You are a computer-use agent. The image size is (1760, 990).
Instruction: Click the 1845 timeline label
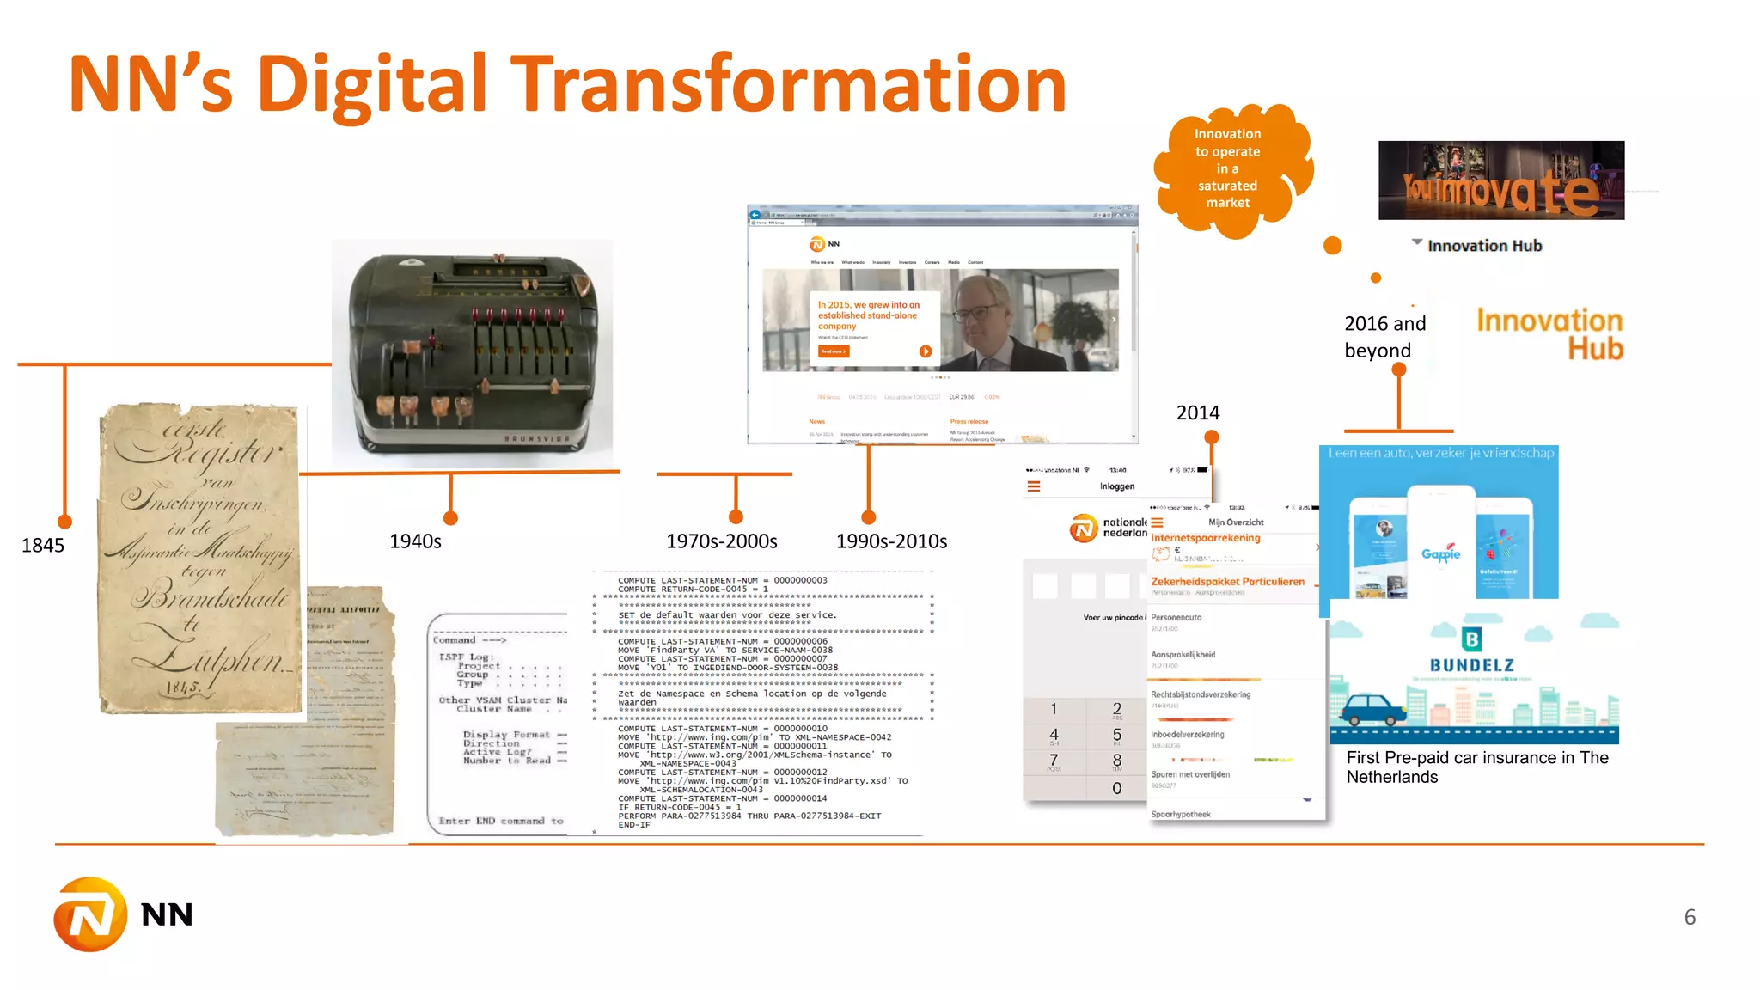[43, 546]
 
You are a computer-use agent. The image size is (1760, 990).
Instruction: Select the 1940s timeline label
[415, 541]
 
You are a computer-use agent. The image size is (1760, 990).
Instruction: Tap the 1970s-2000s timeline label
[721, 541]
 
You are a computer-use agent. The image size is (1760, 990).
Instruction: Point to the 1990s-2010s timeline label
[891, 541]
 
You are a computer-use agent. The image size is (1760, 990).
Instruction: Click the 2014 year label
[1198, 413]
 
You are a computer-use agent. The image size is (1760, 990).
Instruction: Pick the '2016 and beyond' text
[1384, 337]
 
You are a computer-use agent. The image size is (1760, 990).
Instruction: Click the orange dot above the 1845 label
[64, 522]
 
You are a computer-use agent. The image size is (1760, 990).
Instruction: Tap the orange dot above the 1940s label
[450, 518]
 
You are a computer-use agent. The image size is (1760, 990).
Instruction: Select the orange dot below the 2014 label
[1212, 437]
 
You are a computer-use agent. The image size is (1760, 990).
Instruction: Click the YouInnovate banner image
[1500, 180]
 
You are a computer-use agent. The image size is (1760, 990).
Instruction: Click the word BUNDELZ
[1471, 665]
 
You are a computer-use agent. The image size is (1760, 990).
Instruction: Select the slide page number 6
[1690, 917]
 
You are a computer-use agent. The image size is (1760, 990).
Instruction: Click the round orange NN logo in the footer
[90, 914]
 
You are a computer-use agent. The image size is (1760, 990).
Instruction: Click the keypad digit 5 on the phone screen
[1116, 735]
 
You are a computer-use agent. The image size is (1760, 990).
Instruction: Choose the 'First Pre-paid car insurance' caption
[1476, 767]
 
